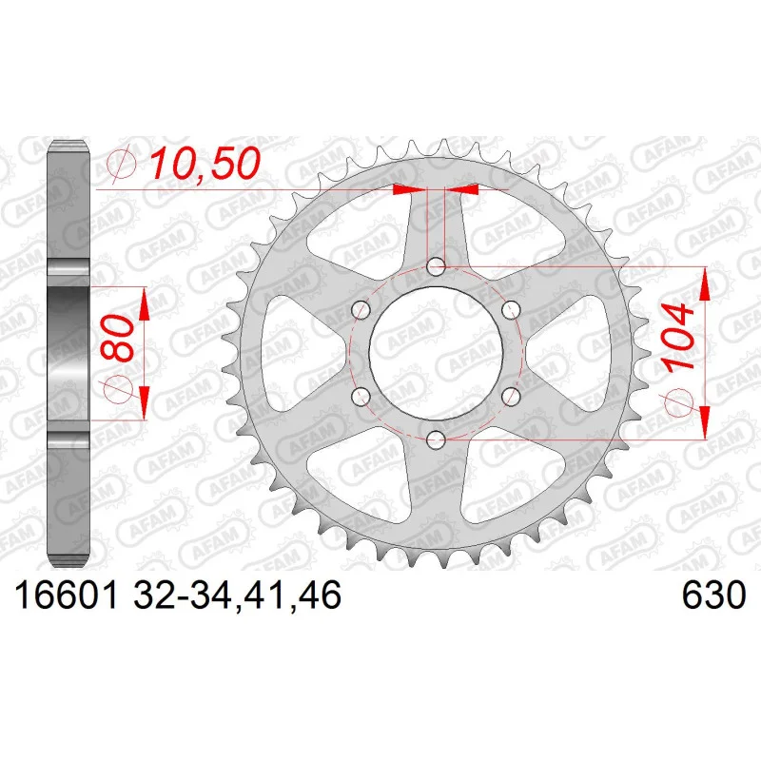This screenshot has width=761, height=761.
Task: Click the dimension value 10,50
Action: point(204,163)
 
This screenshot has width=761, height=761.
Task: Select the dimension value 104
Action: point(678,339)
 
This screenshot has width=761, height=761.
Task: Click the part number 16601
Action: point(67,595)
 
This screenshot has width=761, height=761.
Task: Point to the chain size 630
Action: point(713,595)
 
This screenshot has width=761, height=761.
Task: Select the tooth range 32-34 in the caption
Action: point(184,595)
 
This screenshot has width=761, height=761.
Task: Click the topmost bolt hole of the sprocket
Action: point(436,266)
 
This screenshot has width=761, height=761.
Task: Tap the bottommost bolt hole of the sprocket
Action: point(436,440)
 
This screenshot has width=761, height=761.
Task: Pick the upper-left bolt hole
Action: point(361,310)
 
